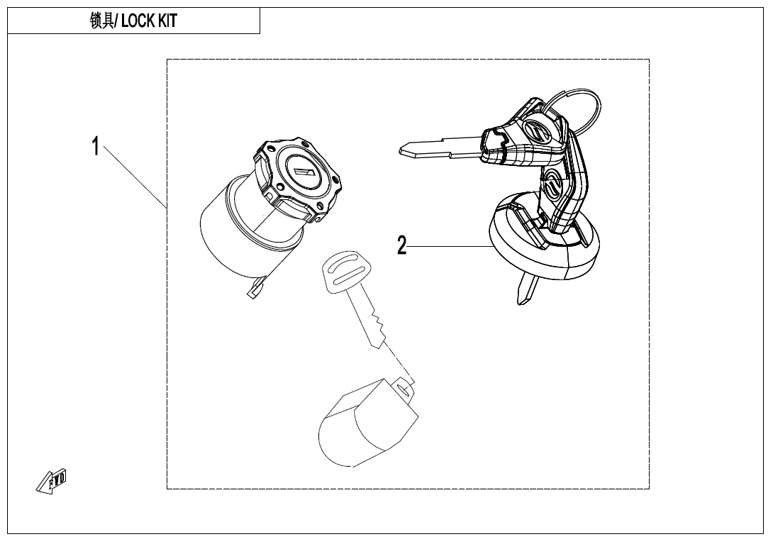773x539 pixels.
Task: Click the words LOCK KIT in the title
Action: click(149, 21)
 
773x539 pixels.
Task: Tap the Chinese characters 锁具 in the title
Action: click(102, 21)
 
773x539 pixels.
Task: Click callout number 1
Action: click(95, 147)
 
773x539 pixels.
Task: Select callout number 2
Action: click(401, 246)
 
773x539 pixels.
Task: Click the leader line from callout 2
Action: click(447, 246)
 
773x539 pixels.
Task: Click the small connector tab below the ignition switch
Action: click(252, 291)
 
